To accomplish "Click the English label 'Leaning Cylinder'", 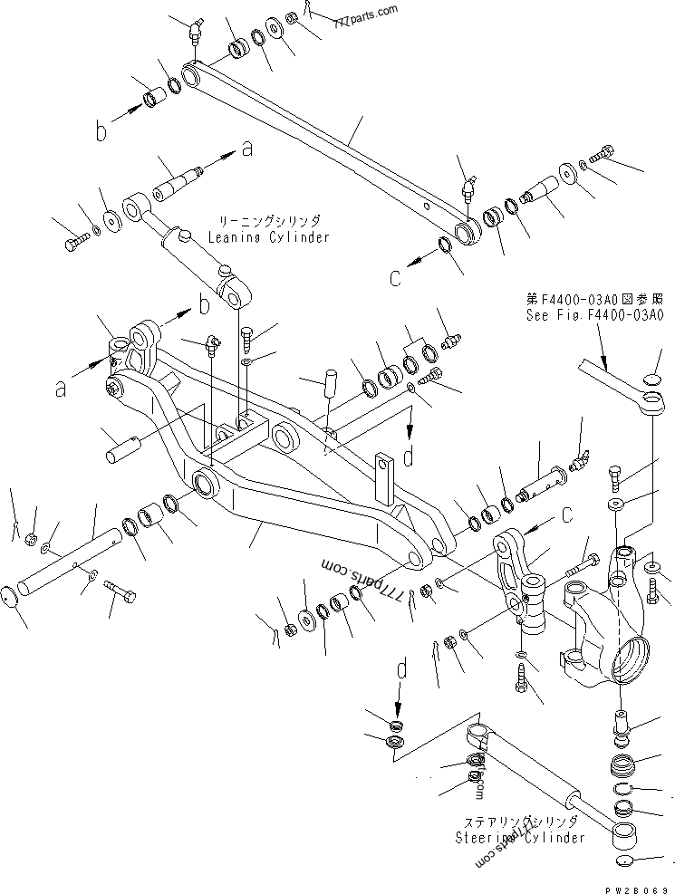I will pyautogui.click(x=268, y=237).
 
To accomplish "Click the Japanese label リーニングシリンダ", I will pyautogui.click(x=268, y=220).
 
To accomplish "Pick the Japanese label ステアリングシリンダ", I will pyautogui.click(x=520, y=821).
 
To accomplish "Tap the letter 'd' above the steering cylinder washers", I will pyautogui.click(x=400, y=671).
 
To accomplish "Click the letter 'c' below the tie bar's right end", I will pyautogui.click(x=395, y=279).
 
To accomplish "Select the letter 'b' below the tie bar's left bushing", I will pyautogui.click(x=102, y=132).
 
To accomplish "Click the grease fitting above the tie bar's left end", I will pyautogui.click(x=193, y=32).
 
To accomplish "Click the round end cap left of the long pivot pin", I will pyautogui.click(x=11, y=598).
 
